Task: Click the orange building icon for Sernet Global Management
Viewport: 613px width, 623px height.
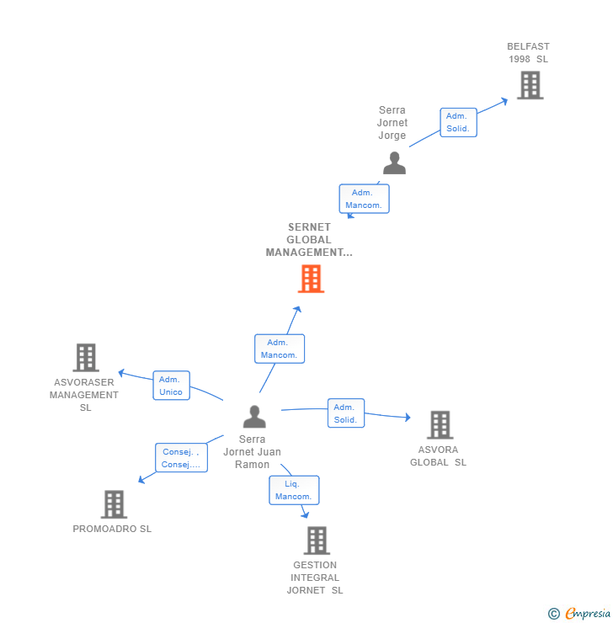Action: coord(311,279)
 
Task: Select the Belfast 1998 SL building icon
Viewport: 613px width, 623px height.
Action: coord(530,85)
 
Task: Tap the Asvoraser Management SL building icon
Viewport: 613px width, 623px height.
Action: coord(85,357)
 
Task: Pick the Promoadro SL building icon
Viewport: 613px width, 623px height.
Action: coord(114,504)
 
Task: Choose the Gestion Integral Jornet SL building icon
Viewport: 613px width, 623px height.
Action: coord(316,540)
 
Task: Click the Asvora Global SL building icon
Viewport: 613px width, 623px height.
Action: coord(439,425)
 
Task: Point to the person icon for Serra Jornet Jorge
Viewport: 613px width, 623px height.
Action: coord(394,162)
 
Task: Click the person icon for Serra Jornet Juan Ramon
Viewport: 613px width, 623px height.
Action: coord(253,416)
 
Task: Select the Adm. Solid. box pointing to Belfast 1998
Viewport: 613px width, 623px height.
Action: coord(458,122)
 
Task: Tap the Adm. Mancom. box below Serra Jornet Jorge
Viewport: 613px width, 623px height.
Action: coord(364,199)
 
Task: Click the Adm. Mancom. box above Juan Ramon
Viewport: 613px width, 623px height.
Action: coord(279,349)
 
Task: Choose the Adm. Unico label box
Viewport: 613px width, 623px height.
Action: coord(171,386)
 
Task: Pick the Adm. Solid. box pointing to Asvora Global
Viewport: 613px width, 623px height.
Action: coord(345,413)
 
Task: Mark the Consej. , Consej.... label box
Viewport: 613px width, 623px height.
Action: coord(181,458)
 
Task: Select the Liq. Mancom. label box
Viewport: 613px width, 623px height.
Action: coord(294,490)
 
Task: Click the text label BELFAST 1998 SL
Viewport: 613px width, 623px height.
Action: coord(528,53)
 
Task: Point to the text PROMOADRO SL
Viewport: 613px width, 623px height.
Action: coord(112,529)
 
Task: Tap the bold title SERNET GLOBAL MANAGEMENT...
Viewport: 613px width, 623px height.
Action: coord(309,240)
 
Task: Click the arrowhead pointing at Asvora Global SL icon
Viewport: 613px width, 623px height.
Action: coord(408,418)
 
